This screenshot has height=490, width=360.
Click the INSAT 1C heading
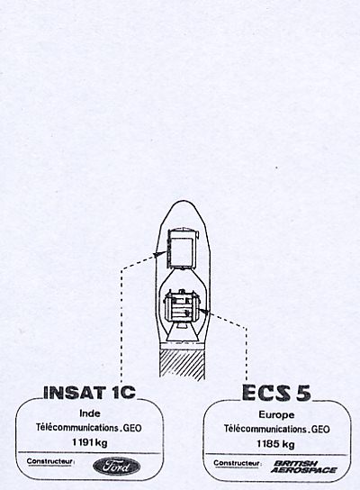89,393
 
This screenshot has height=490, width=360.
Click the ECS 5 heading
276,393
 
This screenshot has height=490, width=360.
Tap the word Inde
90,413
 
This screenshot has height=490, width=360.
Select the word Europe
276,414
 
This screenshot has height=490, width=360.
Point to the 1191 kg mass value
90,442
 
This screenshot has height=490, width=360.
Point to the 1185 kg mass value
275,444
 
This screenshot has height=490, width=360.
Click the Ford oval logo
116,467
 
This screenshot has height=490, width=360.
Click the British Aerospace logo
303,467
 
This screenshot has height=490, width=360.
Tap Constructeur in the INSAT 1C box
50,461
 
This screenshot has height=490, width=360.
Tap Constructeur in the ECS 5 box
238,463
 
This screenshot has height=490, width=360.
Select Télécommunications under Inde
77,427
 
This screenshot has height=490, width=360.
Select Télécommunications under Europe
265,429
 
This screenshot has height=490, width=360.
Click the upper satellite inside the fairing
183,249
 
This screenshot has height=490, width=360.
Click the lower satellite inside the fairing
182,306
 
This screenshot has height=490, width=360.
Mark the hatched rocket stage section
183,364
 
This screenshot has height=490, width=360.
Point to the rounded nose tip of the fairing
184,201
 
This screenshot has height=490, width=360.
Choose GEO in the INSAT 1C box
132,427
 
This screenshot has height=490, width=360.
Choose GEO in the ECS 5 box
320,429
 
